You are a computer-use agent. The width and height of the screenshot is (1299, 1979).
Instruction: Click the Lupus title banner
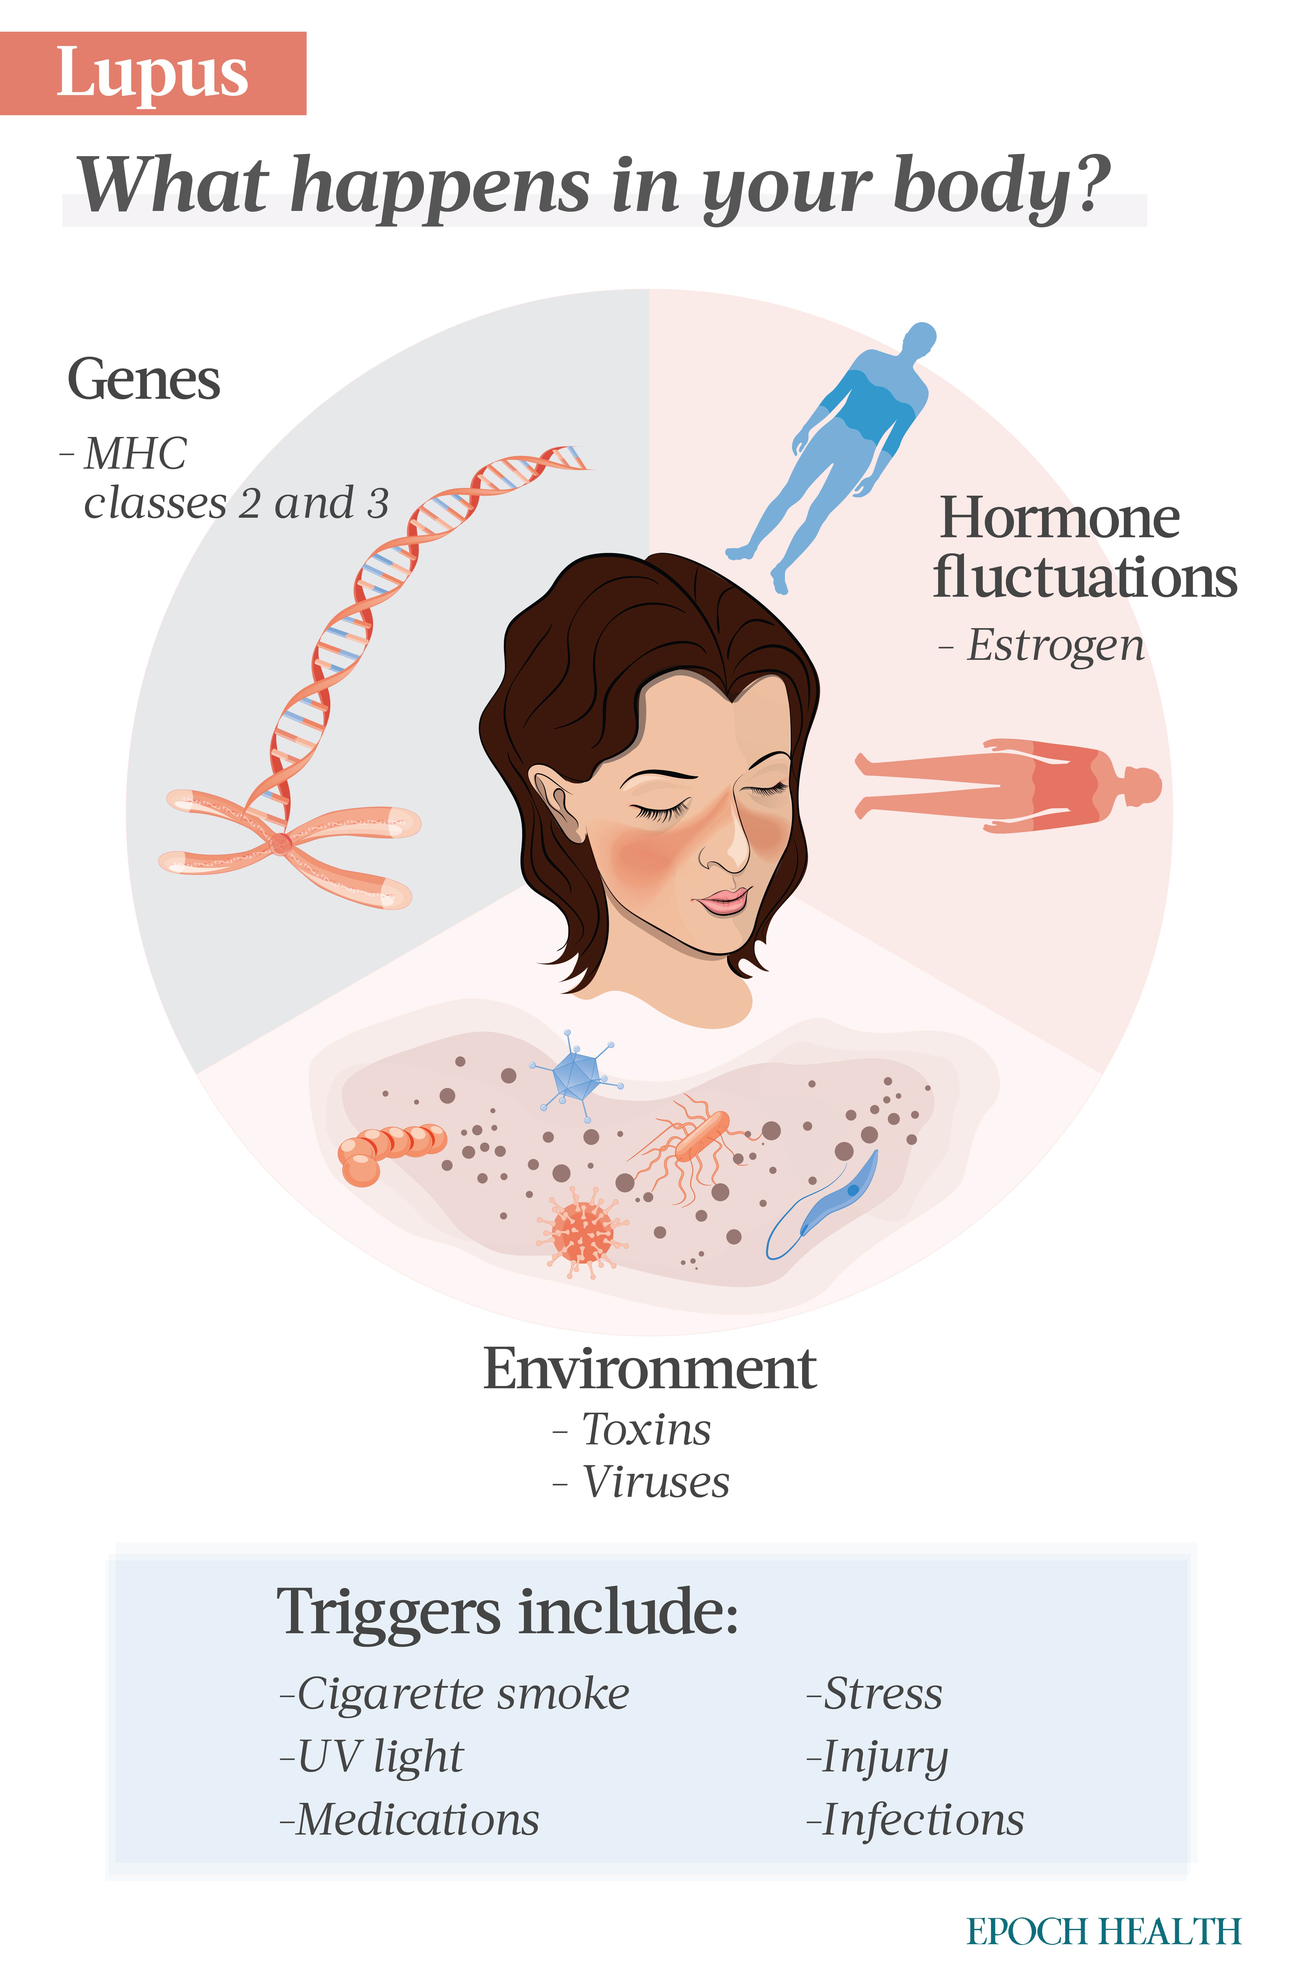(x=153, y=73)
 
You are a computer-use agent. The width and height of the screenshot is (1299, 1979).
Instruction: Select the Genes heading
(x=144, y=381)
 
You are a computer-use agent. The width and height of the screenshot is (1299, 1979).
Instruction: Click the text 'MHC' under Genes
(x=136, y=454)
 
